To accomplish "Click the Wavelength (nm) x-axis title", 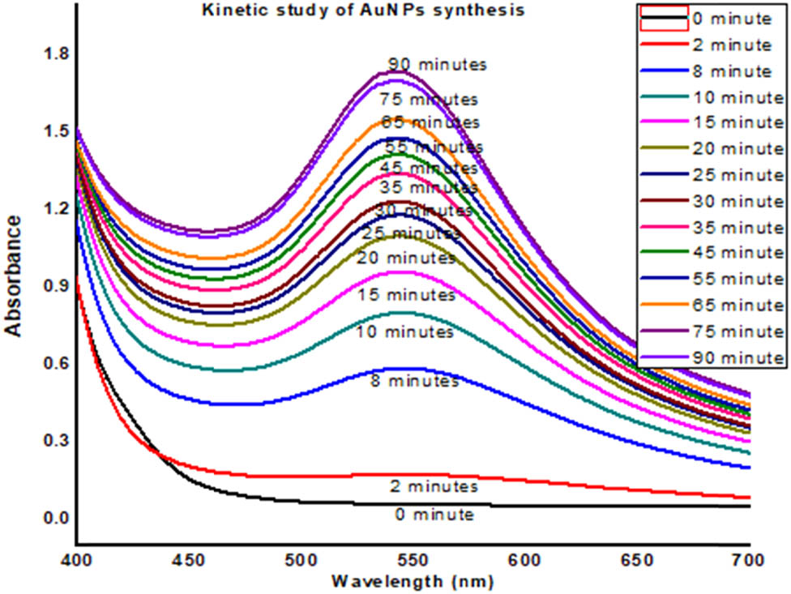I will [x=413, y=581].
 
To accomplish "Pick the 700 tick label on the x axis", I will [x=750, y=559].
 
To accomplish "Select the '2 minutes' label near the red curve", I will [x=431, y=487].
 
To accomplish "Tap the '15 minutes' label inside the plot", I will [x=407, y=296].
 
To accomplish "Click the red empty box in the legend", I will [x=663, y=18].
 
